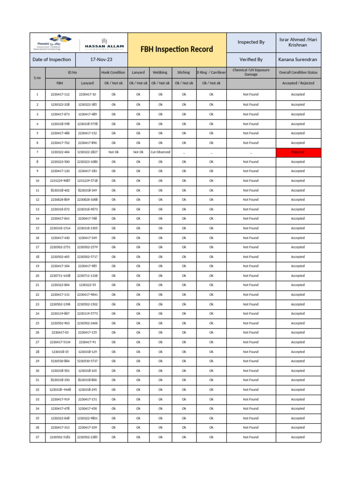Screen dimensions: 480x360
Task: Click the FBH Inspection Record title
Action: [x=177, y=49]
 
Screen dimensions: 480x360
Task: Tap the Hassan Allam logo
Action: [x=104, y=44]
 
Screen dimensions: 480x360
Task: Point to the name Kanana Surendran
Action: [x=298, y=60]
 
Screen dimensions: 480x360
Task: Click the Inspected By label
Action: [x=251, y=42]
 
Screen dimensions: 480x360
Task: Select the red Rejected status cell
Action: [x=298, y=152]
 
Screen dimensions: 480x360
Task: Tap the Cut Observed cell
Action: [x=160, y=152]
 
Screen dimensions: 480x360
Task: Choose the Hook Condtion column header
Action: [x=113, y=73]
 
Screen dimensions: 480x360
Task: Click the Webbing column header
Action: [x=160, y=73]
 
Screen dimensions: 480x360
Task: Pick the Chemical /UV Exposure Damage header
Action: [x=251, y=73]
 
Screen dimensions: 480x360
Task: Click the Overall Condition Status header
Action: [x=298, y=73]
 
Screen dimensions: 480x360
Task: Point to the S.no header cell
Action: [x=37, y=78]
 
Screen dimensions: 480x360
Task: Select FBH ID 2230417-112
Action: [x=60, y=94]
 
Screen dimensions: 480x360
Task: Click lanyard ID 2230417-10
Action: [x=87, y=94]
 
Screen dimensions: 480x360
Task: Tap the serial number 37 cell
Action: [x=37, y=437]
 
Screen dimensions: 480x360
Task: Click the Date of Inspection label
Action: [x=52, y=60]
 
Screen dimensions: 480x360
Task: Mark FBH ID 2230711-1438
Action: [x=60, y=276]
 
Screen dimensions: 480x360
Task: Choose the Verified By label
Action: [x=251, y=60]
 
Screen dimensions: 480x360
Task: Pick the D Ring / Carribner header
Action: [x=211, y=73]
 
